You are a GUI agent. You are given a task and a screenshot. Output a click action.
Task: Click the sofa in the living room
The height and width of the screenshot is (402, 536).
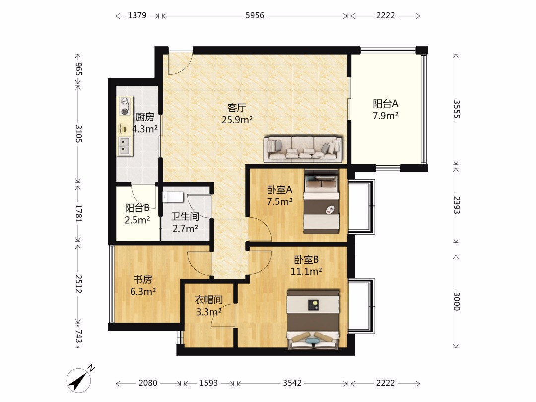point(303,149)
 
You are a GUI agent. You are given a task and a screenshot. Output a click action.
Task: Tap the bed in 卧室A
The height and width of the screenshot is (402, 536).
point(321,201)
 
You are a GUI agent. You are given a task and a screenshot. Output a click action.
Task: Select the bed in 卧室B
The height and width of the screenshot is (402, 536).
point(313,320)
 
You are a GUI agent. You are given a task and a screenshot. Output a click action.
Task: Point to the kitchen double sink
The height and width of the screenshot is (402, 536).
point(125,146)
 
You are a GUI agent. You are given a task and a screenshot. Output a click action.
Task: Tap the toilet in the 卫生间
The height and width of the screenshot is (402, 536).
point(173,197)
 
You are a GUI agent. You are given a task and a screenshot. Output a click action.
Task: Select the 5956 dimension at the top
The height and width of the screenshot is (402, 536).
point(255,16)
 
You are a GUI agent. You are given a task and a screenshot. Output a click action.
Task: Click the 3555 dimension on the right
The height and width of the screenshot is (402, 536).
point(456,109)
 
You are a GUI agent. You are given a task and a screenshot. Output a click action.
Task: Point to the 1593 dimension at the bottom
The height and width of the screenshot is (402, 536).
point(208,383)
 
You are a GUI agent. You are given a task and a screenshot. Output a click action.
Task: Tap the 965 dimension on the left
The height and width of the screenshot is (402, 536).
point(78,68)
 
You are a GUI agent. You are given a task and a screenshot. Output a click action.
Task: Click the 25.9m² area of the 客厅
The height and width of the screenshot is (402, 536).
point(237,120)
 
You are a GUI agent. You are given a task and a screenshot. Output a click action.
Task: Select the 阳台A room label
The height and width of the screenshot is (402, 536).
point(385,103)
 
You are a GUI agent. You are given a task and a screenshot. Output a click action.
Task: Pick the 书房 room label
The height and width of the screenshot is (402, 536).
point(143,279)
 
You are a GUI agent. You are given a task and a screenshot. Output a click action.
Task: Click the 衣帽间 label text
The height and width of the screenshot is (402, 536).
point(208,300)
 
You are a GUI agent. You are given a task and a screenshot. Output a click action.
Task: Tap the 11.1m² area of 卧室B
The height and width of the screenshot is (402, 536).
point(306,271)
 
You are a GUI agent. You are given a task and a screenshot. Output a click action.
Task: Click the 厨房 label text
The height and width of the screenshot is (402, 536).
point(145,117)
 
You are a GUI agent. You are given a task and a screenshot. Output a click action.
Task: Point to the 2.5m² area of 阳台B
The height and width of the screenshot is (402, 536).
point(137,220)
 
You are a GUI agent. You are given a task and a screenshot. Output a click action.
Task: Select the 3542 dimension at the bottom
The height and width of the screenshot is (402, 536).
point(292,383)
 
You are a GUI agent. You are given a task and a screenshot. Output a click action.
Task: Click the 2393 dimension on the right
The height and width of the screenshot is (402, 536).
point(456,205)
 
